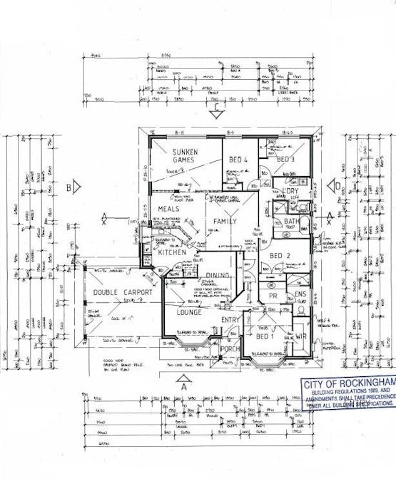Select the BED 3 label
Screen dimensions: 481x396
click(286, 159)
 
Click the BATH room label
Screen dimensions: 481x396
click(291, 222)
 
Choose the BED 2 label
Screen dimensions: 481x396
click(279, 256)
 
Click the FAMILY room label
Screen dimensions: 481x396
click(225, 222)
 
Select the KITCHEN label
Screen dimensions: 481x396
click(172, 252)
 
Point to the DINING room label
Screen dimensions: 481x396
click(218, 276)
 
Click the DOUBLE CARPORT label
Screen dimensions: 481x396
click(118, 293)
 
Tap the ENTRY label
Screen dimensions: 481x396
click(230, 321)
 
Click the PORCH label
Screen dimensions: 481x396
click(230, 349)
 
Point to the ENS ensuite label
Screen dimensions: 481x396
click(301, 294)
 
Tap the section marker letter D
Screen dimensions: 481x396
click(335, 187)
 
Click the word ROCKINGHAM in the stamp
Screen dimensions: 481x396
click(365, 383)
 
